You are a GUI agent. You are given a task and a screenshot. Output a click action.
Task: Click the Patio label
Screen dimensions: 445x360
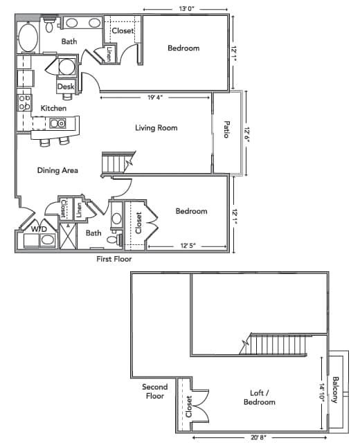click(x=226, y=130)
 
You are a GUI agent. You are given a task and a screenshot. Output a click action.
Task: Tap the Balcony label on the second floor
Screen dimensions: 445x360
click(x=336, y=389)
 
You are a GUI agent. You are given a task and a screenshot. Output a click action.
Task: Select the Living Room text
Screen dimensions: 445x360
click(x=156, y=128)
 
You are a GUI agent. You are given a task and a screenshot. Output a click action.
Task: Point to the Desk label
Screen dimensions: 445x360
click(x=66, y=87)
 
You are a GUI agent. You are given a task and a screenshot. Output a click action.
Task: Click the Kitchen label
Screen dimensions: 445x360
click(x=53, y=109)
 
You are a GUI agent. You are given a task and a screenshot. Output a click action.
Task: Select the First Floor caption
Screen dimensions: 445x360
click(x=114, y=260)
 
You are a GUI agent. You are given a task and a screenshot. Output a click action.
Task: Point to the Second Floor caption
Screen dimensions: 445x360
click(x=154, y=392)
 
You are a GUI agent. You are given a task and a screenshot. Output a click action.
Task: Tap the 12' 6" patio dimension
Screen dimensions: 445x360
click(x=246, y=132)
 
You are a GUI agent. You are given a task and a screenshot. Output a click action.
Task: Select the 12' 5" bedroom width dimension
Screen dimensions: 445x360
click(x=189, y=246)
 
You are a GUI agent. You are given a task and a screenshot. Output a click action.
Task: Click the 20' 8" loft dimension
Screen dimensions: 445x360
click(x=258, y=437)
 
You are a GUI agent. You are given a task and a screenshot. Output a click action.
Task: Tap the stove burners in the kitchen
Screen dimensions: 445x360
click(x=24, y=103)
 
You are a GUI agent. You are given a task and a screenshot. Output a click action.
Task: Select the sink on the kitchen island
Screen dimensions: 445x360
click(x=57, y=124)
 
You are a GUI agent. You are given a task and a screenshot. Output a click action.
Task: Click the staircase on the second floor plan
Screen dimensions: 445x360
click(x=277, y=343)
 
